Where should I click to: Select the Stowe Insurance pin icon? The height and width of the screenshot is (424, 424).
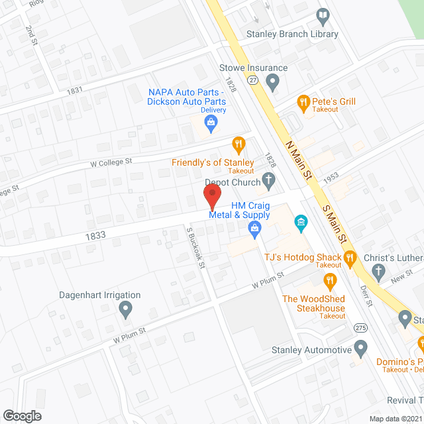pos(272,82)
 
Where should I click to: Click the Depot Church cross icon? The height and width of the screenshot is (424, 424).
pos(268,179)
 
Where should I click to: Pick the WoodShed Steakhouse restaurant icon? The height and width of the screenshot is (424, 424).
pos(329,283)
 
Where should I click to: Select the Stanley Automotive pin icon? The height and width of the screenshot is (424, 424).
pos(360,346)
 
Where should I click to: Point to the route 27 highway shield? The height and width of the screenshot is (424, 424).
pos(252,79)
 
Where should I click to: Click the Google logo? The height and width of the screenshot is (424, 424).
pos(21,415)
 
